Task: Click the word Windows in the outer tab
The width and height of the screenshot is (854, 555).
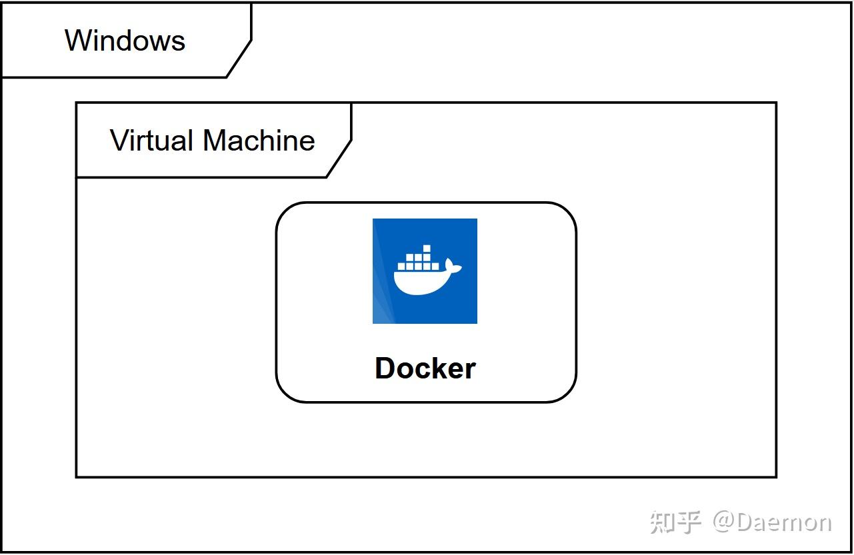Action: click(125, 40)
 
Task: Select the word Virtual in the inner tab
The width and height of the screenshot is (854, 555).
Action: click(153, 141)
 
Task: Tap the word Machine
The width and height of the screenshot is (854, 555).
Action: click(259, 141)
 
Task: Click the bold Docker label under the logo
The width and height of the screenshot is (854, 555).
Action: click(425, 368)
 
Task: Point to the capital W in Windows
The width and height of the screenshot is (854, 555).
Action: click(77, 40)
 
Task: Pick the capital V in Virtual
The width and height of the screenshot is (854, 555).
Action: click(118, 141)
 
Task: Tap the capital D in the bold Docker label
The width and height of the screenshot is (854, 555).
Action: click(385, 368)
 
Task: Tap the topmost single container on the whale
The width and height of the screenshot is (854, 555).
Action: click(427, 249)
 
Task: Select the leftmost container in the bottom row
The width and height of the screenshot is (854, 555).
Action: click(401, 265)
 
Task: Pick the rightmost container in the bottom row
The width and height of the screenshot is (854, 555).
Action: click(435, 265)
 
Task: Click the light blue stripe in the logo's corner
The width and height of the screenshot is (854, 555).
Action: click(380, 306)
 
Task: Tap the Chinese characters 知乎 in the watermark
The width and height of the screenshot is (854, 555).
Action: click(675, 522)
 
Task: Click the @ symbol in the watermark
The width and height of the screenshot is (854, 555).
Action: click(723, 522)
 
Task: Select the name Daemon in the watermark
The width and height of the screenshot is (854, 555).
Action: click(784, 522)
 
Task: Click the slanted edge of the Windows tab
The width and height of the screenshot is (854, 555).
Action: click(239, 59)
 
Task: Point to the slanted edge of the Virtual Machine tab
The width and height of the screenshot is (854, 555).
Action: click(339, 159)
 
